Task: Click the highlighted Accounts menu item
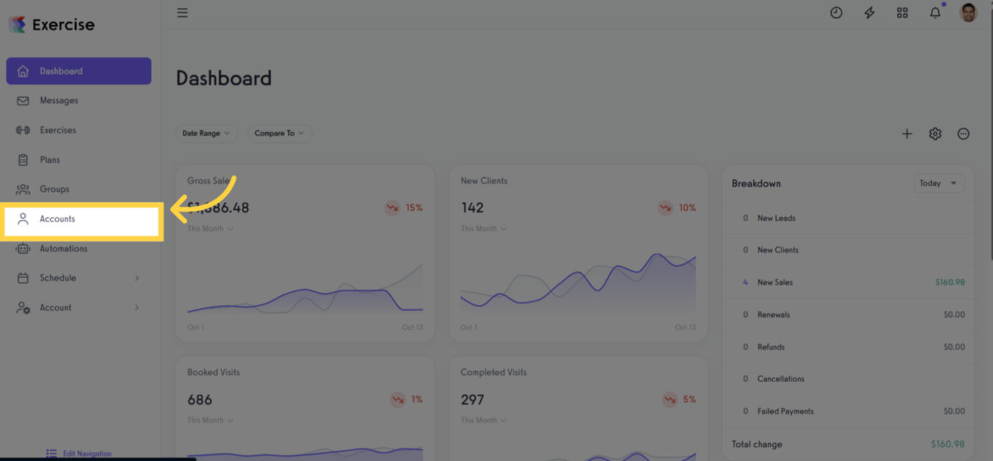[x=57, y=219]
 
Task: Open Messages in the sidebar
[x=59, y=100]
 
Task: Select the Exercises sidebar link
[x=58, y=130]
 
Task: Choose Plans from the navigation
[x=50, y=160]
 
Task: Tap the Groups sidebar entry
[x=55, y=189]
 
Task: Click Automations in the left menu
[x=63, y=249]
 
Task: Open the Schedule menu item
[x=58, y=278]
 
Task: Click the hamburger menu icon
[x=182, y=13]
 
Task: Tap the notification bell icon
[x=936, y=13]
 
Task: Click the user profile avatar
[x=968, y=12]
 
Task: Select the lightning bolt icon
[x=869, y=13]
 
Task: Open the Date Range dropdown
[x=206, y=133]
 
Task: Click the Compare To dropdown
[x=279, y=133]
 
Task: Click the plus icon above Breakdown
[x=906, y=134]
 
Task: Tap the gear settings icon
[x=935, y=134]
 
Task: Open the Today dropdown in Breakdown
[x=938, y=183]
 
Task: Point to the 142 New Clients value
[x=473, y=208]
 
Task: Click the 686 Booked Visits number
[x=200, y=400]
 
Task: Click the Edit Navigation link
[x=87, y=454]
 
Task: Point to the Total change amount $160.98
[x=947, y=444]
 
